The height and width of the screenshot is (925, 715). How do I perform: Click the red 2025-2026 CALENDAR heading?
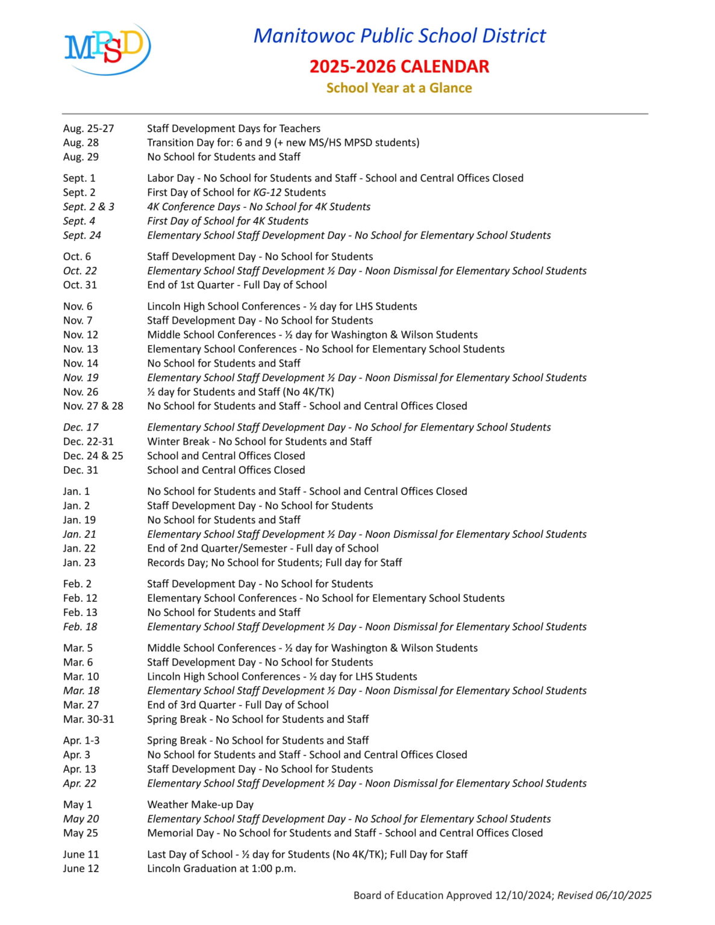[x=399, y=66]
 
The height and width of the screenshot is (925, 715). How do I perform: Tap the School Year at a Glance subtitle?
[x=399, y=88]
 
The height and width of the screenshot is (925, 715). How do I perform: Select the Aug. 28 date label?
[x=81, y=143]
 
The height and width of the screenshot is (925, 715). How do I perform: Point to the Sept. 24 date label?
[x=82, y=235]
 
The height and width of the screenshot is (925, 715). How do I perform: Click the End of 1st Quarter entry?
[x=237, y=285]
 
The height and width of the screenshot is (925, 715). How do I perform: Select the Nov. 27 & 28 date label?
[x=93, y=406]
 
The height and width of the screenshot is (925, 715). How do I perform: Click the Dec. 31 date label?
[x=80, y=470]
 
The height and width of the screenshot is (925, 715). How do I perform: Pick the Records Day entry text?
[x=274, y=562]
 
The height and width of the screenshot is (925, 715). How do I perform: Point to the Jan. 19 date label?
[x=79, y=520]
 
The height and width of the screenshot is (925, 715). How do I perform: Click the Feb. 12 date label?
[x=80, y=598]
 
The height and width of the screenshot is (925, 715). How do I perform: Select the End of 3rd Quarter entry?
[x=237, y=705]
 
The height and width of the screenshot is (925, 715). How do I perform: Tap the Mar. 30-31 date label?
[x=88, y=719]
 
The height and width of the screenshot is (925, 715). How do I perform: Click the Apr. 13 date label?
[x=79, y=769]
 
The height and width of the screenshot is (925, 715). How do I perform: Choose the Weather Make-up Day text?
[x=200, y=805]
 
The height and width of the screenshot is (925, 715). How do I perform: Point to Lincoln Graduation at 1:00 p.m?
[x=221, y=868]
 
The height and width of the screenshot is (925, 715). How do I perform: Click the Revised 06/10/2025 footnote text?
[x=604, y=895]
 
